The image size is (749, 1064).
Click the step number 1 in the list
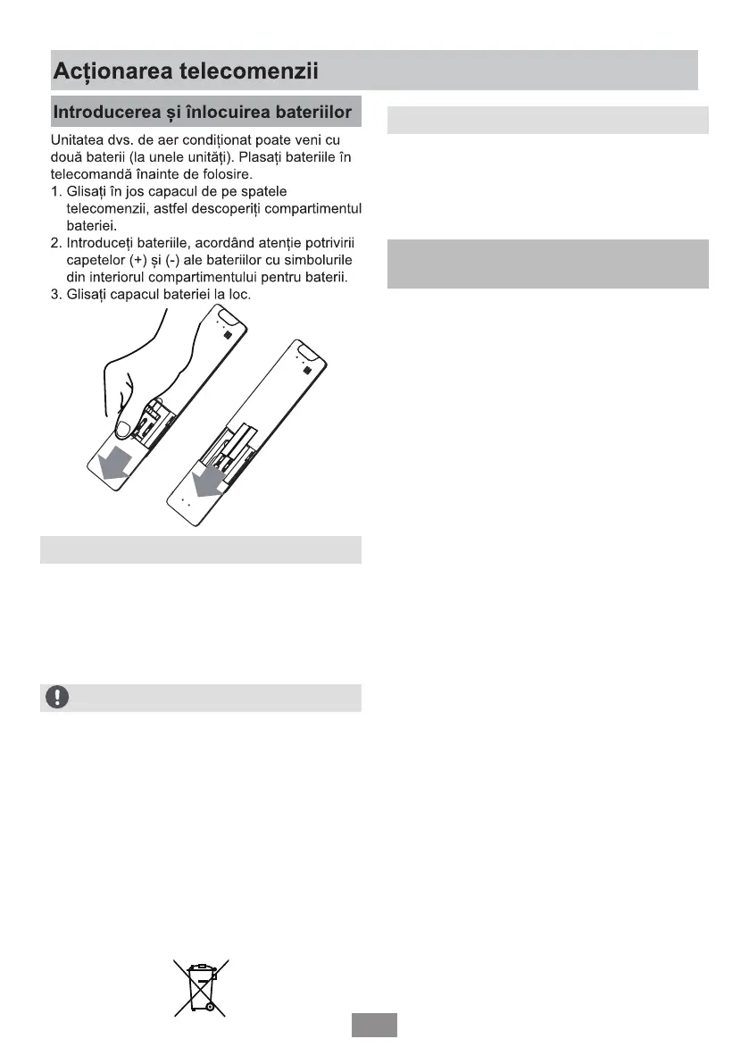point(54,192)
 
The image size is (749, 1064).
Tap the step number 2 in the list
point(54,243)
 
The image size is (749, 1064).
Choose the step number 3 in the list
point(54,294)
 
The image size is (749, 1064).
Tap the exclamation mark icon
point(56,697)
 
